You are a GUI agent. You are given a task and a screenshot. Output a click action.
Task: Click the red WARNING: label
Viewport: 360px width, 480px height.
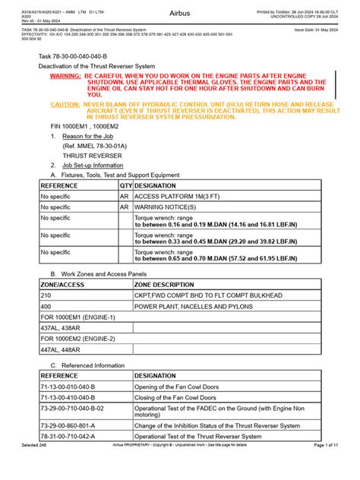coord(65,77)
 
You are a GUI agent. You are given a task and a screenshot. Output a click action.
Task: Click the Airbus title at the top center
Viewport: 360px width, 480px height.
coord(180,14)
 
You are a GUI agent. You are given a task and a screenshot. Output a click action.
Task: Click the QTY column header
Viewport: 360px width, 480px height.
coord(125,185)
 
